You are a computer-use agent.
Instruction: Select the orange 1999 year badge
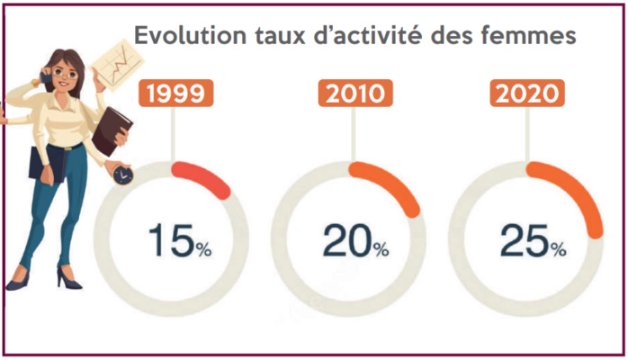(x=175, y=94)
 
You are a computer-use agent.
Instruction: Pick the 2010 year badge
(x=353, y=94)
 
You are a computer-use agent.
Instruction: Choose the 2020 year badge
(x=528, y=94)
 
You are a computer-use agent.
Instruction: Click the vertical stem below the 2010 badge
(x=353, y=135)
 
